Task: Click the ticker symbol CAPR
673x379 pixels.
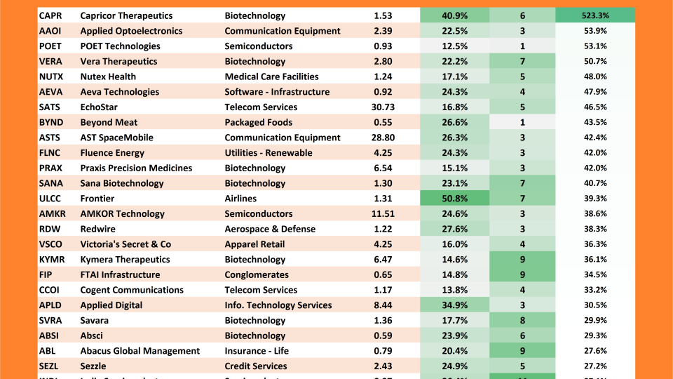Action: click(x=50, y=15)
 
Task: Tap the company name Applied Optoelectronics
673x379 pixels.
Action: click(x=131, y=31)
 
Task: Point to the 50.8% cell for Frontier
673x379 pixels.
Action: click(x=454, y=199)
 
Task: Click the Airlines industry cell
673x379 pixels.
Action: click(x=240, y=199)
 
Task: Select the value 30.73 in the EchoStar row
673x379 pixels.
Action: click(x=383, y=107)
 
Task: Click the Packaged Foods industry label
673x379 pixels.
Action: click(x=258, y=122)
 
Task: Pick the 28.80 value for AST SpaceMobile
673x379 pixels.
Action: click(x=383, y=138)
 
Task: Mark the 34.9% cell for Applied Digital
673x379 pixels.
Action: click(x=454, y=305)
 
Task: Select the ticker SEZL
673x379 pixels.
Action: click(x=49, y=366)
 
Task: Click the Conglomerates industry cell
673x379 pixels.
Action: click(x=257, y=275)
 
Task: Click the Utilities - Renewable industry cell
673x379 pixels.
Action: click(x=268, y=153)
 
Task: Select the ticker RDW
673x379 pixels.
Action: click(x=49, y=230)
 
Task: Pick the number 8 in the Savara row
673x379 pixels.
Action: click(x=522, y=321)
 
